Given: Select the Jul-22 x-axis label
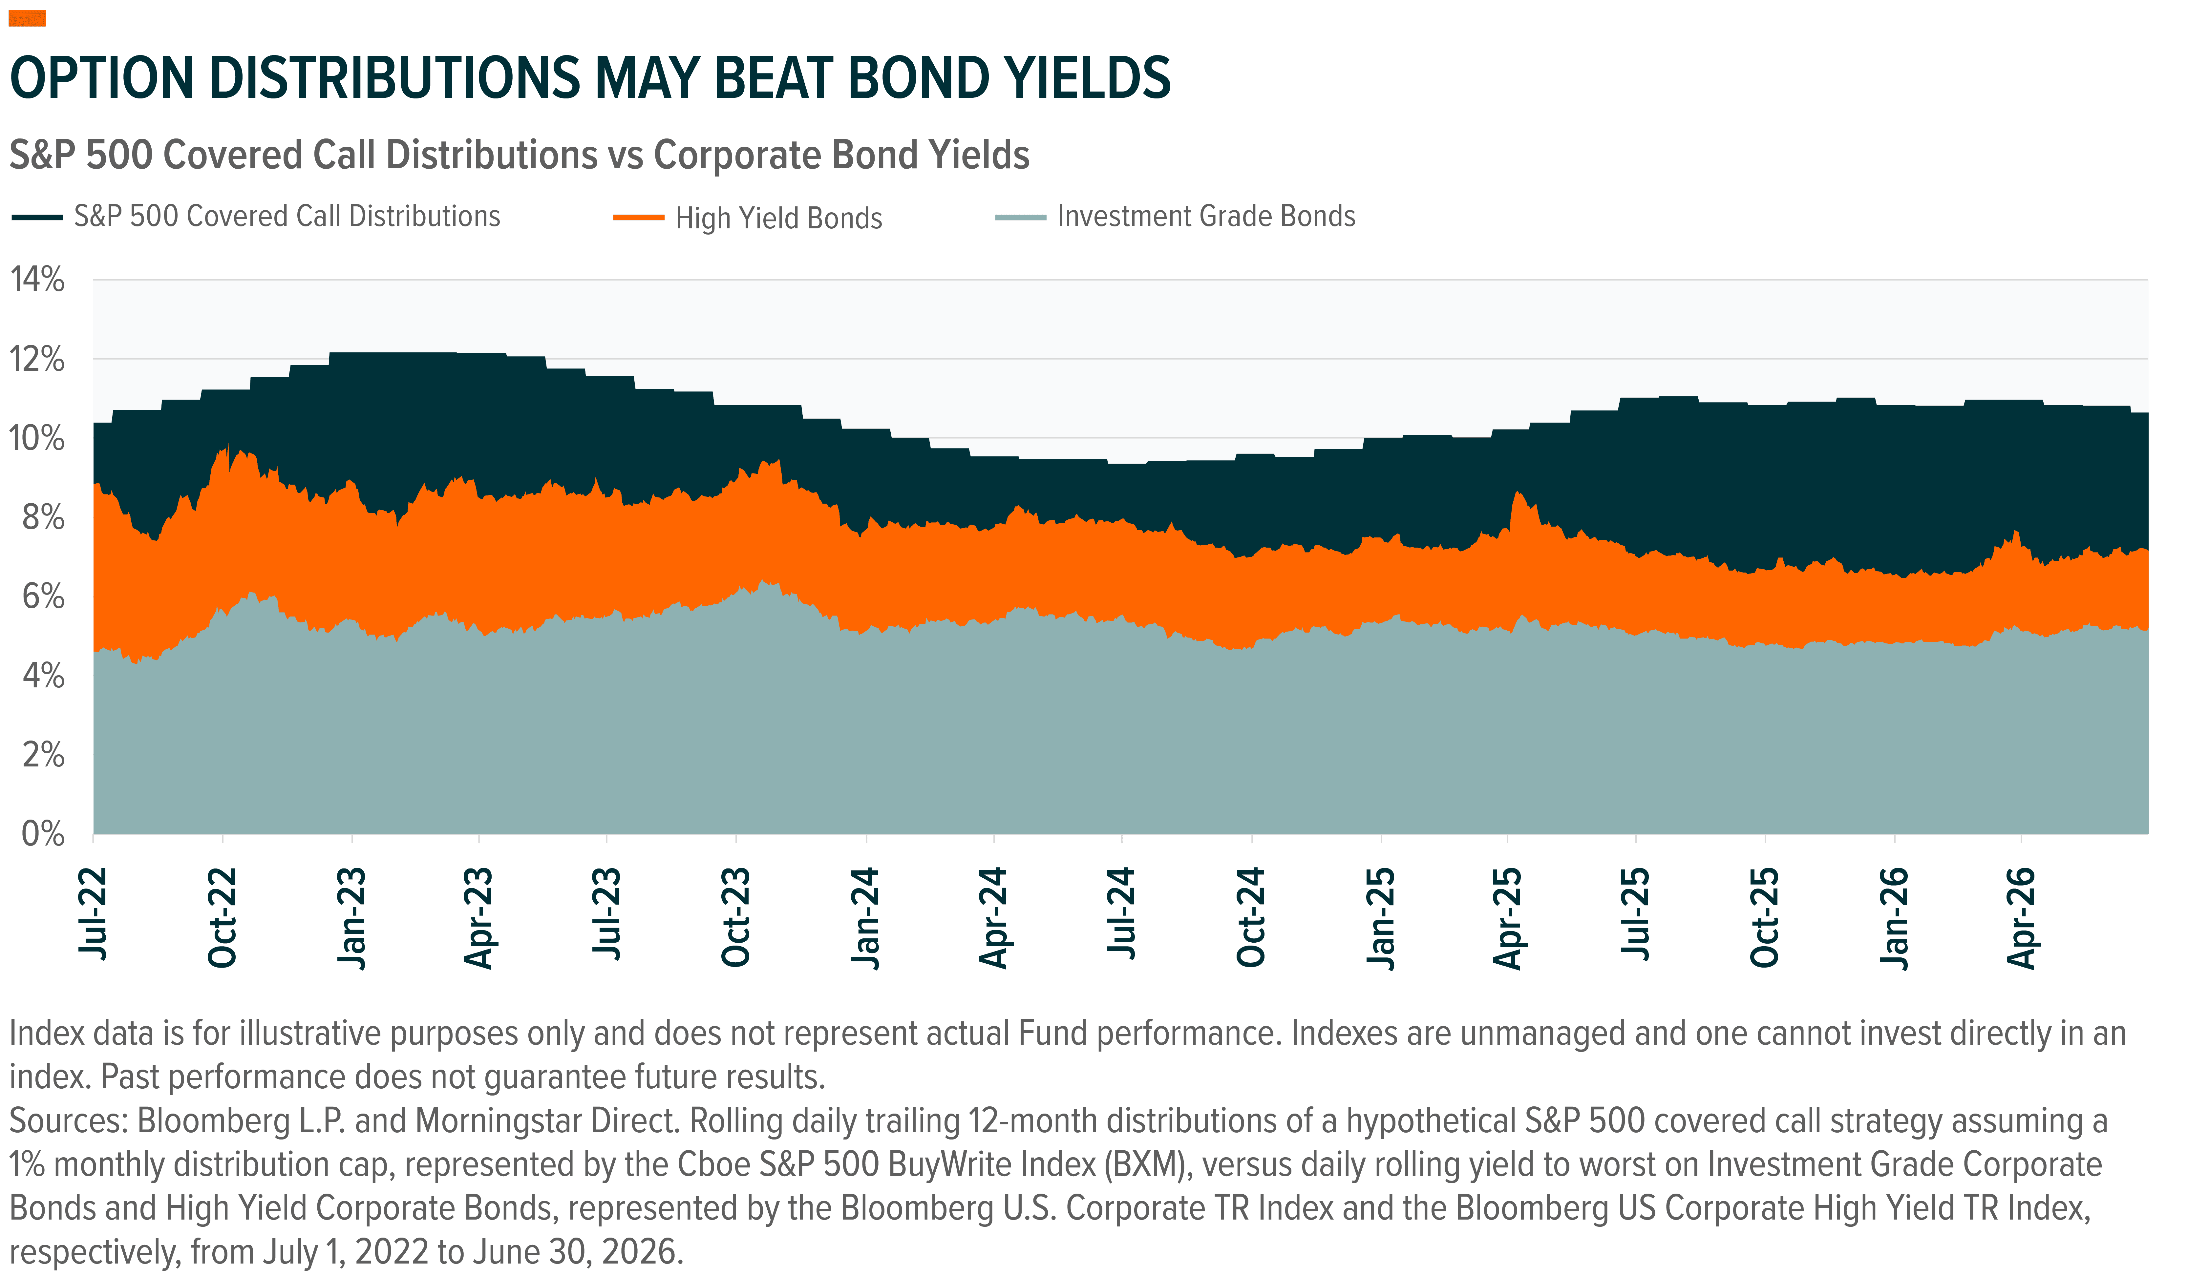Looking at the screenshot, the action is pos(93,913).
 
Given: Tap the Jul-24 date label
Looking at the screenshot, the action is pos(1122,913).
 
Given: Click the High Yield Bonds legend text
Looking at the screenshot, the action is pos(779,218).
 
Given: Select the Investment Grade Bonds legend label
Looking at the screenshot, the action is pos(1206,216).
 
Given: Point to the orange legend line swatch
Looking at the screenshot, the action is pos(639,217).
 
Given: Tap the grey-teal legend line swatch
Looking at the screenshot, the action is pos(1021,217).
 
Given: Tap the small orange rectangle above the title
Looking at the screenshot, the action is pos(27,18).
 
